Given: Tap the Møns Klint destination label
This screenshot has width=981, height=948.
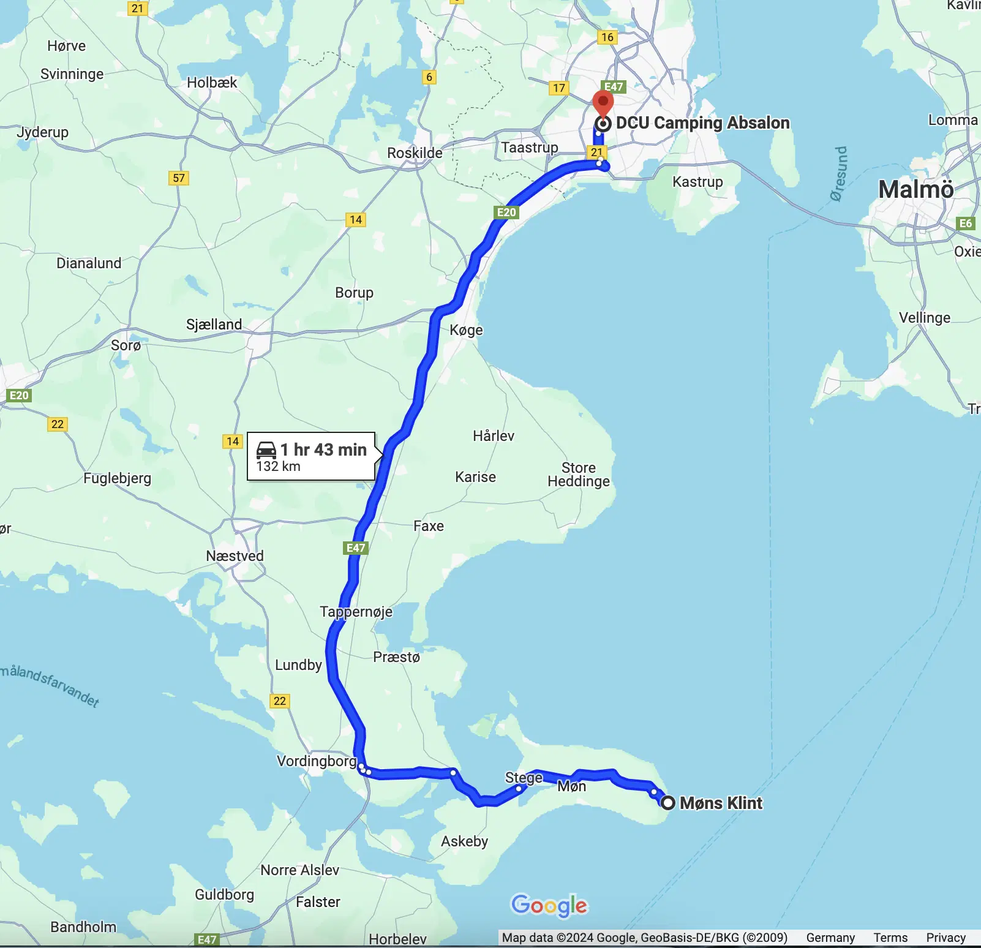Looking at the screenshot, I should [721, 803].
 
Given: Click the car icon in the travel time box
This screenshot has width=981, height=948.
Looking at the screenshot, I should [266, 450].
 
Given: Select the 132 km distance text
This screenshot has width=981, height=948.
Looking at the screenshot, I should [278, 467].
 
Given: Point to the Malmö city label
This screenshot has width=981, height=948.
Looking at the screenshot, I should [915, 189].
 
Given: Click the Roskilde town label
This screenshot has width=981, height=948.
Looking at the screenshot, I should [415, 152].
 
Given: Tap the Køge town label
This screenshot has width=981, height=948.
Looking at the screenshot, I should [466, 330].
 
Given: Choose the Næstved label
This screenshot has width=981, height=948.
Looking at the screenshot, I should [235, 556].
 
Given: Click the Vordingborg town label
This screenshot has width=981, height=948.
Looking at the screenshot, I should [317, 761].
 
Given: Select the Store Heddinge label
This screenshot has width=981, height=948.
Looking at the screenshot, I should [579, 475].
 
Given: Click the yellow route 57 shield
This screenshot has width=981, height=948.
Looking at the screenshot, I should [179, 178].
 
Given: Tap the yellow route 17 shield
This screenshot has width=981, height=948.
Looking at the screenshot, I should [559, 88].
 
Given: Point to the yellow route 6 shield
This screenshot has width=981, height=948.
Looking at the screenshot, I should [429, 77].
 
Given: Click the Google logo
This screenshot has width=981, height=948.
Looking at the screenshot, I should [549, 905].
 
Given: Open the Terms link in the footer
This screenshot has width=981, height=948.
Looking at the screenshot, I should [890, 938].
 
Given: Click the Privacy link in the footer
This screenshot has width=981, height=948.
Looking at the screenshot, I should [945, 938].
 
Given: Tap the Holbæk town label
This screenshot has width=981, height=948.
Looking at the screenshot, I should [212, 83].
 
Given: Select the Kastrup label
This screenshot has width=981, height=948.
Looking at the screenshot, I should [697, 182].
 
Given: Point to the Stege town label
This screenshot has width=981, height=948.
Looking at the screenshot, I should [524, 778].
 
